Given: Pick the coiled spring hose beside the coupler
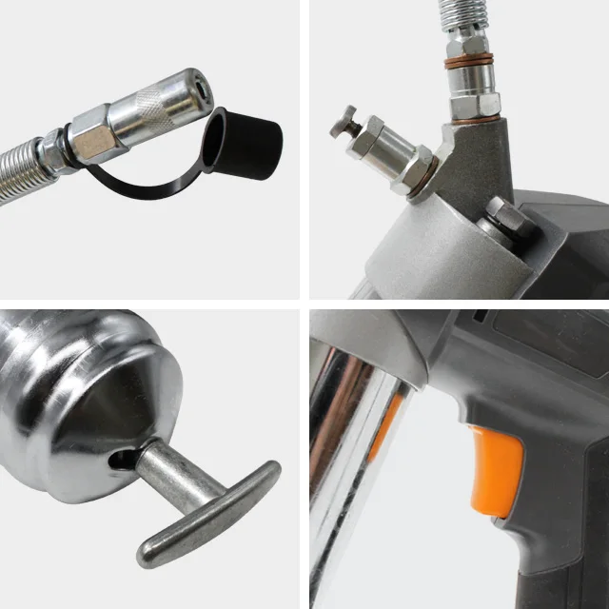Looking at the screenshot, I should tap(21, 173).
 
